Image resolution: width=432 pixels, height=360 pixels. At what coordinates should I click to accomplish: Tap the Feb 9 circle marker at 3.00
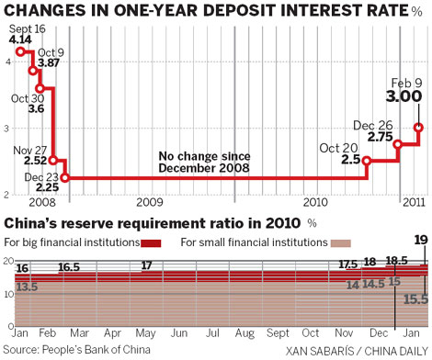[x=419, y=128]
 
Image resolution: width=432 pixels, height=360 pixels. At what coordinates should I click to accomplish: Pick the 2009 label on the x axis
[x=149, y=200]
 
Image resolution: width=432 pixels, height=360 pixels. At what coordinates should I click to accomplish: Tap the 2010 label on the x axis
[x=315, y=200]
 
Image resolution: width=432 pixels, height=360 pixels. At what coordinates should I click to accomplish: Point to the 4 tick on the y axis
[x=7, y=61]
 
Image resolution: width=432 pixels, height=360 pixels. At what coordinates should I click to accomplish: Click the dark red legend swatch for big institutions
[x=152, y=242]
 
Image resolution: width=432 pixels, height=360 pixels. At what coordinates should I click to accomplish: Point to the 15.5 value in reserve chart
[x=416, y=298]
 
